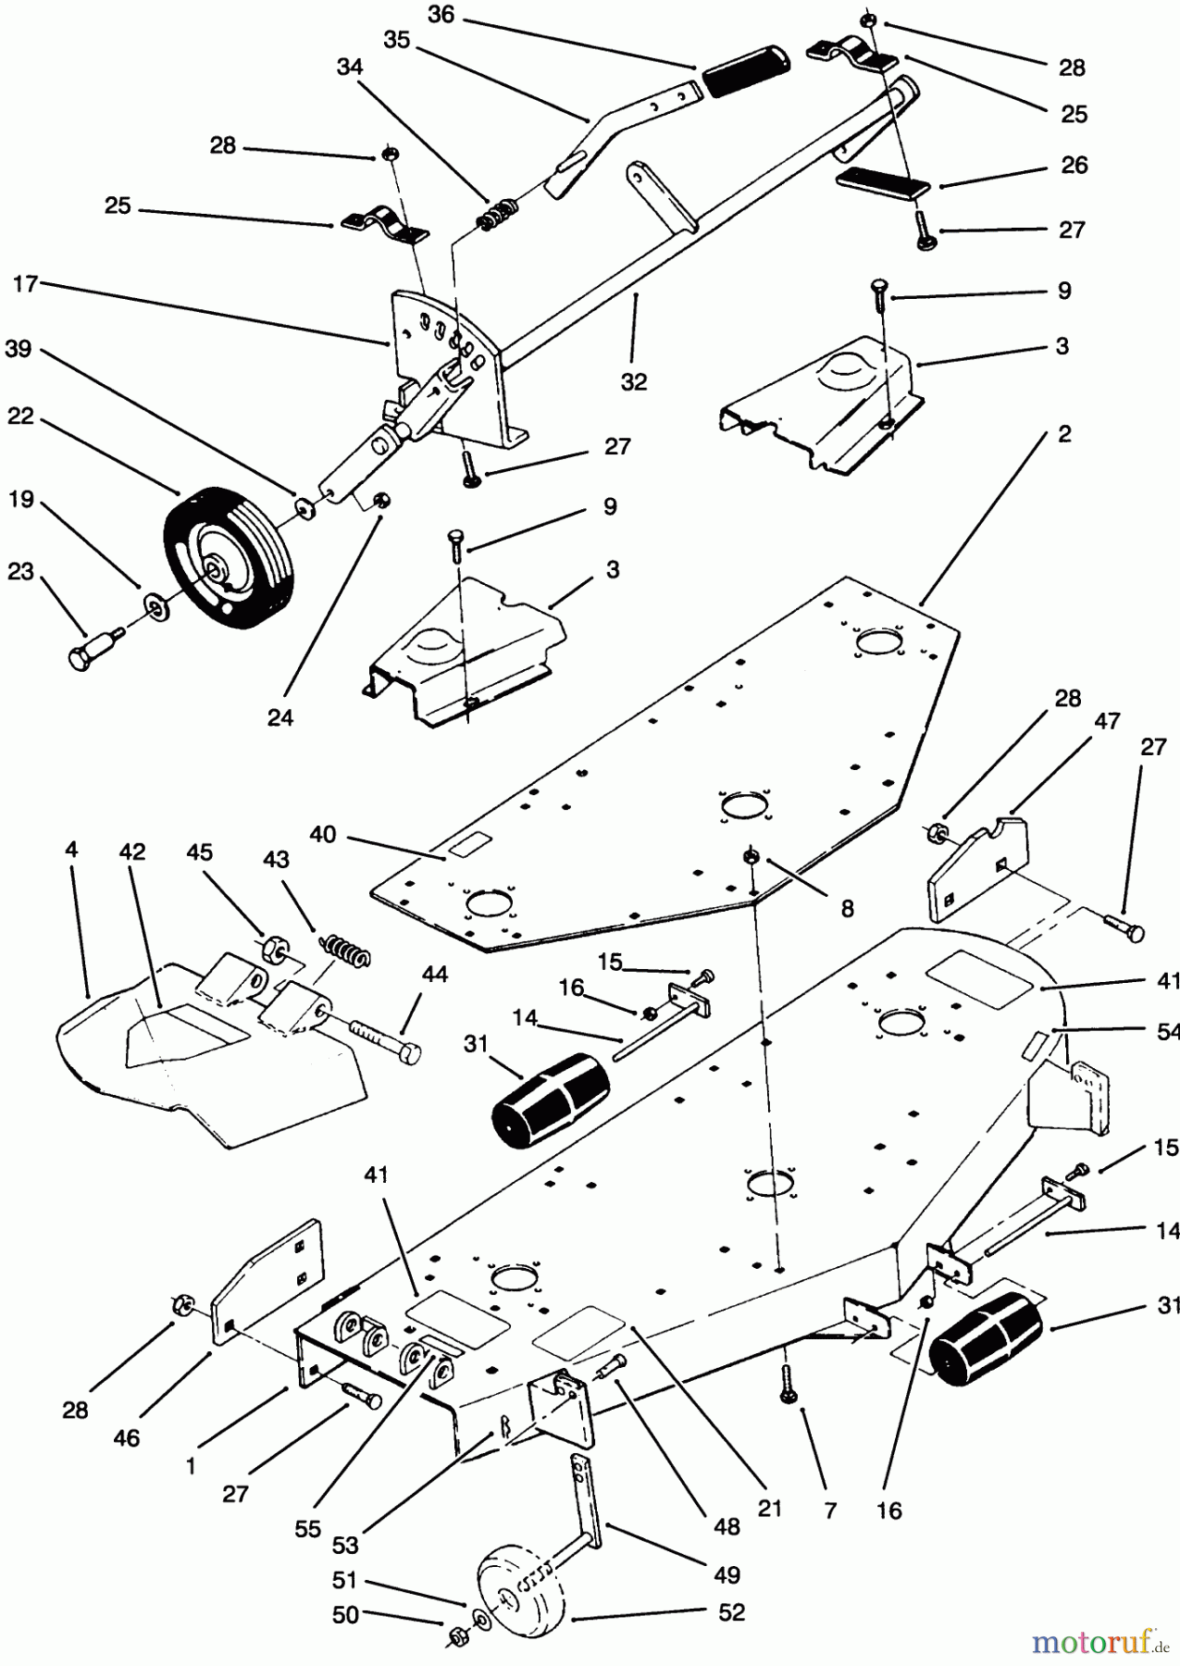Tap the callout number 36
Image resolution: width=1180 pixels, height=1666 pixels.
441,15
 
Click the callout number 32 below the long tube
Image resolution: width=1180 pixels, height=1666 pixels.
634,381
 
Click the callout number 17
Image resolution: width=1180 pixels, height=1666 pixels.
25,284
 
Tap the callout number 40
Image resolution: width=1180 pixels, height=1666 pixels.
322,834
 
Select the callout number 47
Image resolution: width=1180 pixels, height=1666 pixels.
1107,721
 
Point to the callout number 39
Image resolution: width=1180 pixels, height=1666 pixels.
18,349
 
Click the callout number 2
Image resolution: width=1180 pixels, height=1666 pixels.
1064,433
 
